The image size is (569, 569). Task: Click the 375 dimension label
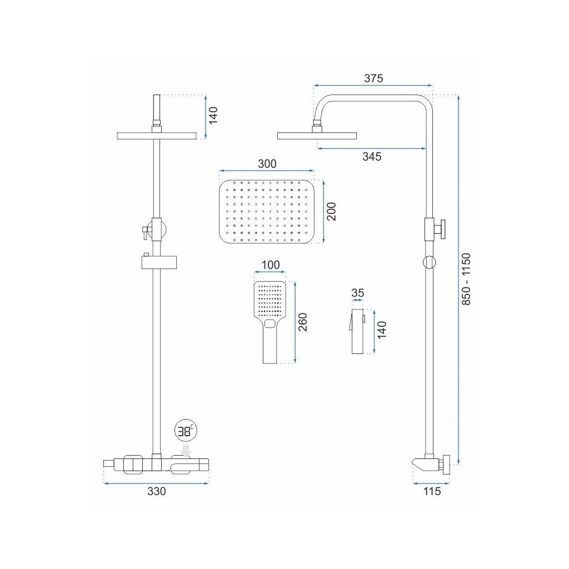[373, 78]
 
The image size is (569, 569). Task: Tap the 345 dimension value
[372, 157]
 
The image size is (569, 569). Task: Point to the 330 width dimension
[156, 491]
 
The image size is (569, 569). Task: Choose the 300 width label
[267, 164]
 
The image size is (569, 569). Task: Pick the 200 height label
[331, 212]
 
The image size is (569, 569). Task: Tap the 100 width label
[270, 264]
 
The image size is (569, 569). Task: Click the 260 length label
[302, 322]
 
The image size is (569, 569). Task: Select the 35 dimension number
[358, 293]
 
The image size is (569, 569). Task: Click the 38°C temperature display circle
[184, 431]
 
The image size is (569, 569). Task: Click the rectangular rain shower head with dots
[267, 212]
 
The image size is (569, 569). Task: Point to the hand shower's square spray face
[270, 298]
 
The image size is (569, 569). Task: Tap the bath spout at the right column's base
[425, 463]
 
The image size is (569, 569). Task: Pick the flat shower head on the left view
[157, 136]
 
